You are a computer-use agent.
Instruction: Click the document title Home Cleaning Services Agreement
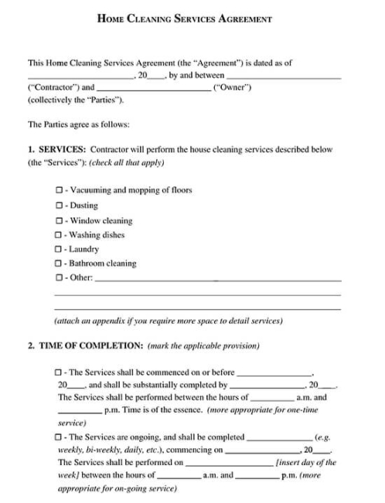(192, 18)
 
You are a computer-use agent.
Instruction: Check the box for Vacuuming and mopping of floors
(59, 191)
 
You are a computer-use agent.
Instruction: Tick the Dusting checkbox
(59, 206)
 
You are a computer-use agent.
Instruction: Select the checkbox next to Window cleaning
(59, 221)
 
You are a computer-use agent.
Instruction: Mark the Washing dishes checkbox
(59, 235)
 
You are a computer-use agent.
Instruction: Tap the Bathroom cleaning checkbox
(59, 264)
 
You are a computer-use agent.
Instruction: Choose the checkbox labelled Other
(59, 278)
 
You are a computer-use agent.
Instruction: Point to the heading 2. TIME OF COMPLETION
(85, 345)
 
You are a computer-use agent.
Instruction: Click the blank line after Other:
(217, 280)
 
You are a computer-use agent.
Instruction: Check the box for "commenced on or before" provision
(59, 372)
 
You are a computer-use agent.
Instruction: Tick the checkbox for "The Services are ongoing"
(59, 437)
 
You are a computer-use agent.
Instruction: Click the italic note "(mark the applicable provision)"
(204, 345)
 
